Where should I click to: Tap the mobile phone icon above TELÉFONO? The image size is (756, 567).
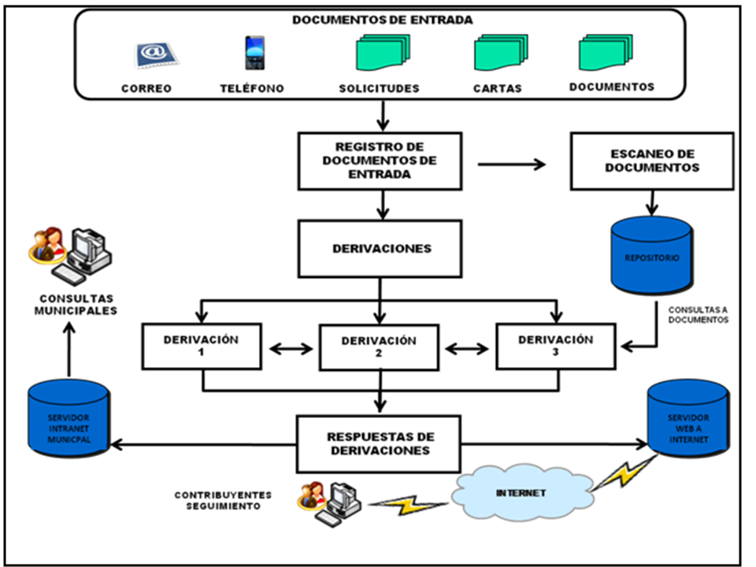pyautogui.click(x=254, y=54)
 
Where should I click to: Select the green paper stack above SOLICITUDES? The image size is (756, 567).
pyautogui.click(x=380, y=56)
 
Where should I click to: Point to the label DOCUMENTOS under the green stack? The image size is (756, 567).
pyautogui.click(x=611, y=87)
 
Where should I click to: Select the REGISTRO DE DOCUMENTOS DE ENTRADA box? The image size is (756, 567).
pyautogui.click(x=380, y=161)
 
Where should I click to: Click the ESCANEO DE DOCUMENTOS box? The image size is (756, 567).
pyautogui.click(x=652, y=161)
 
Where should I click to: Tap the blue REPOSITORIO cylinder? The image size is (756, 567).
pyautogui.click(x=652, y=256)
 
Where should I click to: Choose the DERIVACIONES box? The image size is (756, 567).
pyautogui.click(x=380, y=248)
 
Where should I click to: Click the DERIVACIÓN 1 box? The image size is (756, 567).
pyautogui.click(x=201, y=346)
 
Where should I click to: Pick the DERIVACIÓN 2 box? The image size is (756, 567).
pyautogui.click(x=379, y=347)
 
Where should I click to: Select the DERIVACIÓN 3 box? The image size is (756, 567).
pyautogui.click(x=556, y=346)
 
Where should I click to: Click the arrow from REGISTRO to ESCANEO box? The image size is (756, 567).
pyautogui.click(x=512, y=164)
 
